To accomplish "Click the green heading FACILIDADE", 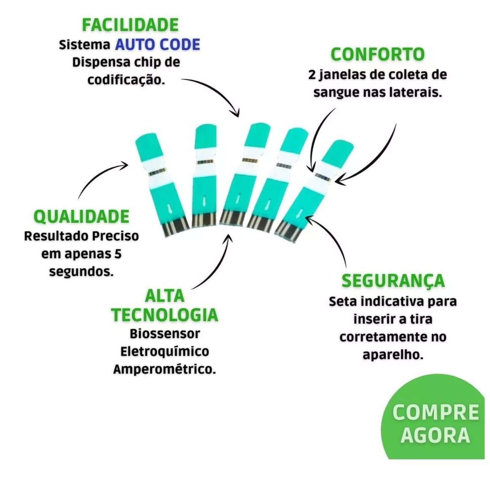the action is coord(130,25).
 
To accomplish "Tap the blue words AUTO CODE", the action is coord(157,44).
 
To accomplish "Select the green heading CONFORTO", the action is coord(377,54).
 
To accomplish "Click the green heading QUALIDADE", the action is coord(82,217).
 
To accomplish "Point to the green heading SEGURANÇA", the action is coord(393,281).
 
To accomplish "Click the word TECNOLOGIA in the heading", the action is coord(165,315).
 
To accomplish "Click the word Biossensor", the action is coord(165,334).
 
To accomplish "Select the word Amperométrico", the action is coord(165,369).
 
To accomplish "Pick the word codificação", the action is coord(126,80).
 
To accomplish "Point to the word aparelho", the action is coord(393,355).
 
